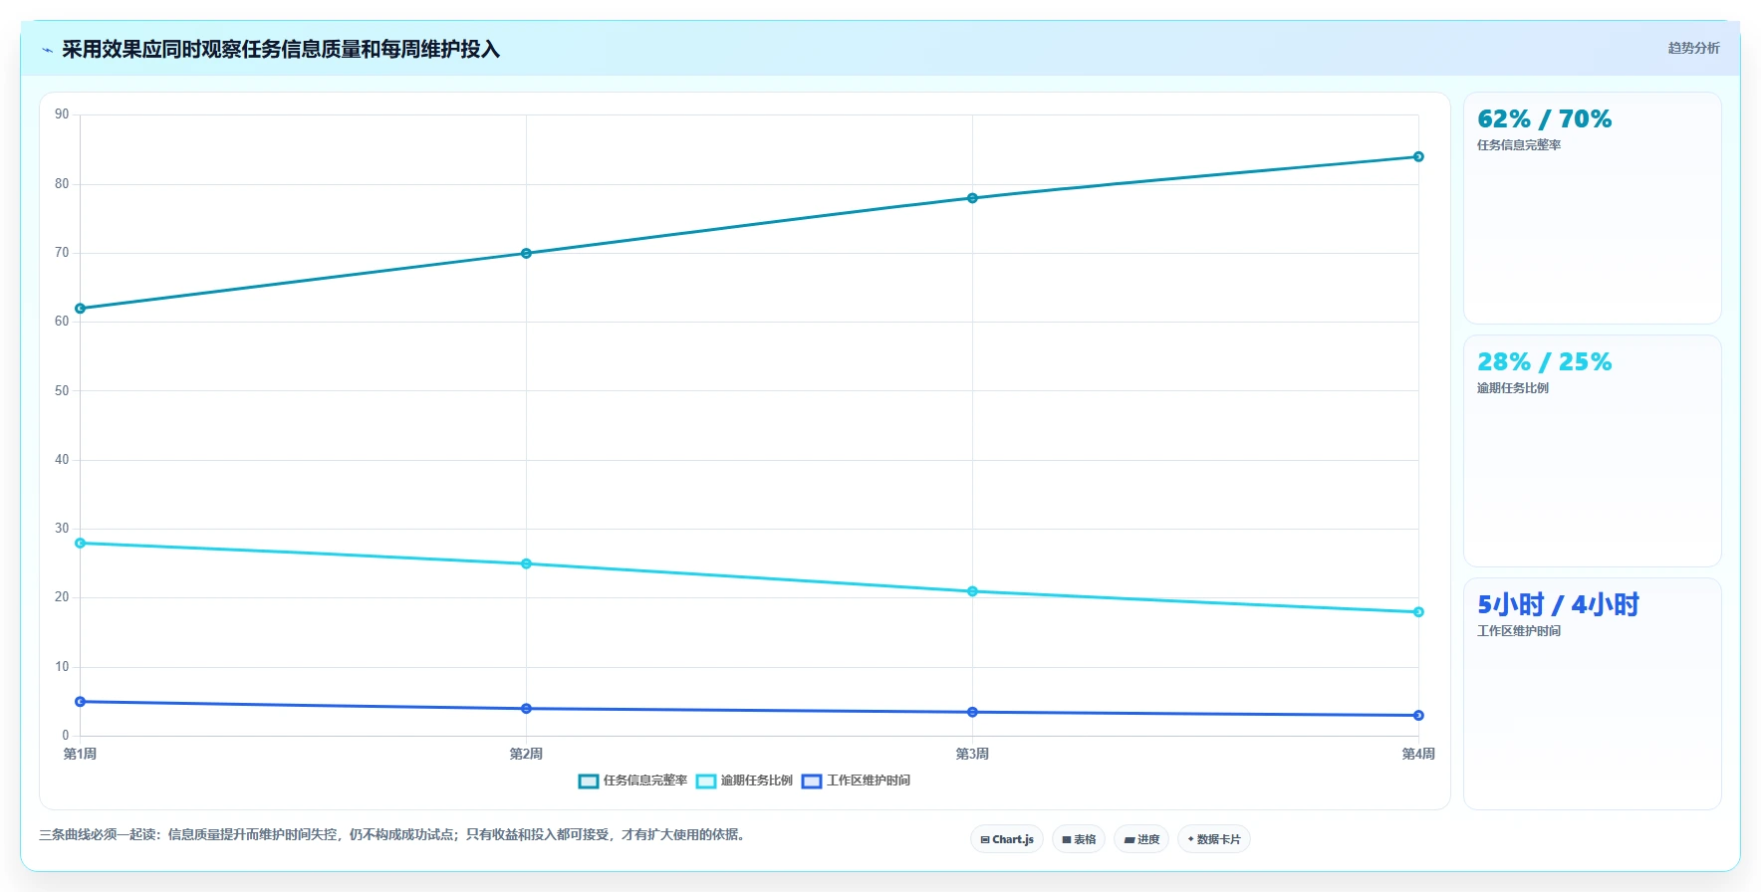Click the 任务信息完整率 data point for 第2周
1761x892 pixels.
[x=526, y=253]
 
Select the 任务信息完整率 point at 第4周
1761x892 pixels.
[x=1418, y=156]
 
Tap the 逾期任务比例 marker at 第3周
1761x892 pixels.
[x=972, y=591]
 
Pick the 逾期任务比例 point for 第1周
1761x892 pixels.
[x=81, y=543]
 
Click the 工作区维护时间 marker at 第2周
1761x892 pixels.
[x=526, y=708]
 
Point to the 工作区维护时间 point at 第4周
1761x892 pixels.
[x=1418, y=715]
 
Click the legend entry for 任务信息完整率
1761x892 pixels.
[x=633, y=780]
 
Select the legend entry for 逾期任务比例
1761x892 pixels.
[x=745, y=780]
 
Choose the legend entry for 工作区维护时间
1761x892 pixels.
[x=857, y=780]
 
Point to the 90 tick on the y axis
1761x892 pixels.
[x=62, y=114]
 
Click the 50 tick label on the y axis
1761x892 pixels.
[x=62, y=390]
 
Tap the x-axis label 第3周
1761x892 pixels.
[x=972, y=754]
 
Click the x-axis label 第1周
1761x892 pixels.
[x=81, y=754]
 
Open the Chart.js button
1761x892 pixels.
[x=1007, y=839]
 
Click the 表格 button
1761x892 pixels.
[x=1079, y=839]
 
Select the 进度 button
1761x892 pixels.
[x=1141, y=839]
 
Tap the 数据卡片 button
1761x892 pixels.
[x=1214, y=839]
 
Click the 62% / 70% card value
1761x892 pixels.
[x=1544, y=119]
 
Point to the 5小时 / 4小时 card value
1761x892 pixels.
[x=1558, y=604]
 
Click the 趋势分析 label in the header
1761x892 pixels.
[x=1693, y=48]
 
